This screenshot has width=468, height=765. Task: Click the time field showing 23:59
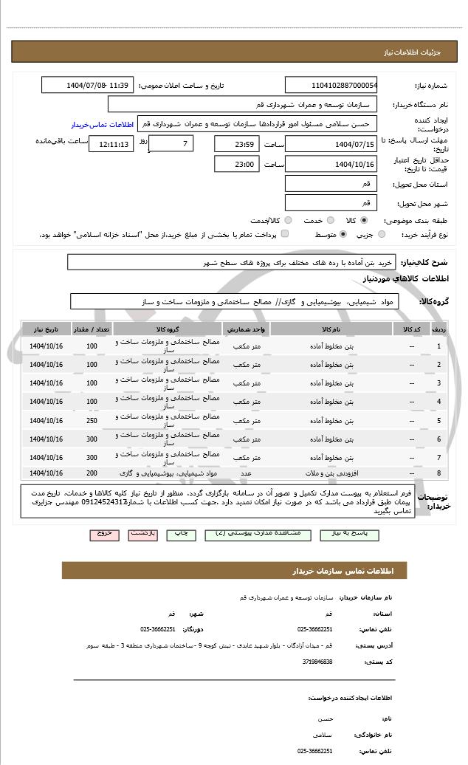(237, 143)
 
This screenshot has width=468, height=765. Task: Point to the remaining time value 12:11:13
(111, 143)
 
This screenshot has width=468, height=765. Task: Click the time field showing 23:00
(237, 164)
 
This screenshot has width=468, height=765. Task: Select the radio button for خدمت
(329, 220)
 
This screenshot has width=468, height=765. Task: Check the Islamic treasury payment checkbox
(285, 234)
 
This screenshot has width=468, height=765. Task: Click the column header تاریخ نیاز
(47, 328)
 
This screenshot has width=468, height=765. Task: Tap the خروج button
(103, 533)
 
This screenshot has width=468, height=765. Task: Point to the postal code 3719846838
(318, 661)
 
